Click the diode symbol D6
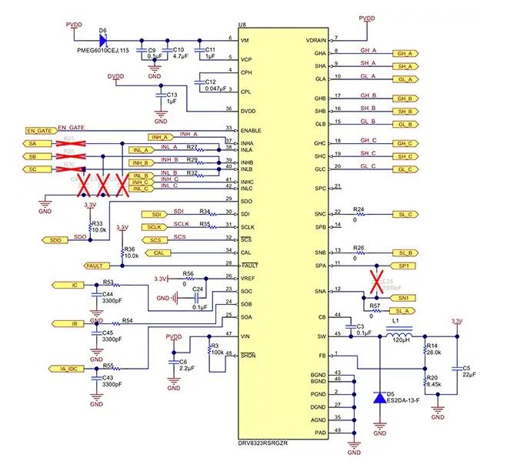click(102, 38)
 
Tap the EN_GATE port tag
click(39, 131)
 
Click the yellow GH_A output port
click(404, 54)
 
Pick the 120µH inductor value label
click(401, 340)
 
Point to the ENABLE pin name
click(251, 130)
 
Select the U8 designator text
click(243, 25)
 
